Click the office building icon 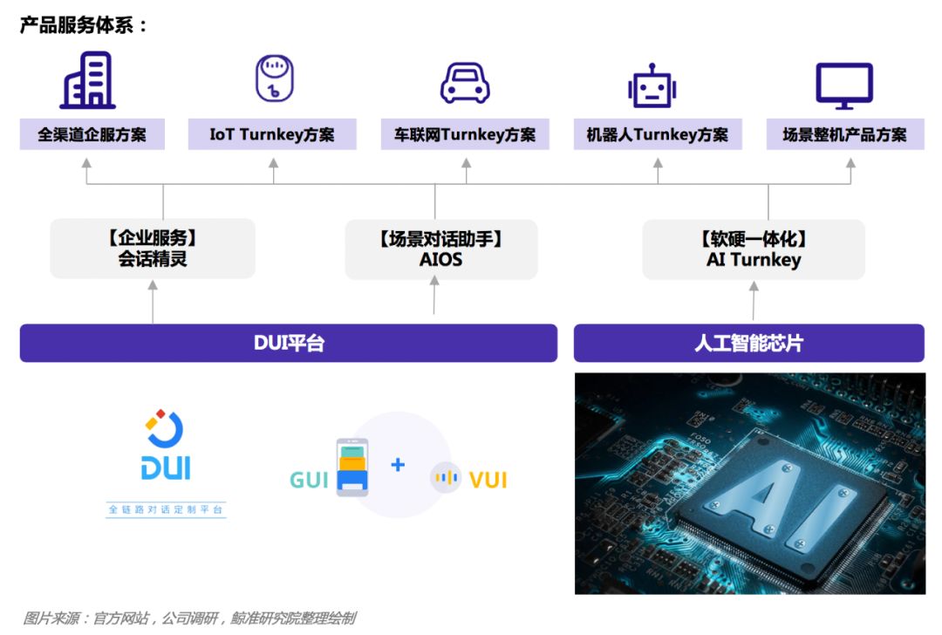coord(87,80)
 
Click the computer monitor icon coord(843,85)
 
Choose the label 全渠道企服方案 coord(92,135)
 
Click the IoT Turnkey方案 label coord(272,135)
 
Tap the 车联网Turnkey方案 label coord(465,135)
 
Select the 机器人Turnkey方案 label coord(658,135)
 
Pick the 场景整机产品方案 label coord(844,135)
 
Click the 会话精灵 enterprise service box coord(153,249)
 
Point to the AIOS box coord(441,249)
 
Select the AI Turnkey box coord(754,249)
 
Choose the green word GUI coord(309,480)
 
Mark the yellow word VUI coord(488,480)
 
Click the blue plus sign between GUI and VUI coord(398,465)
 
